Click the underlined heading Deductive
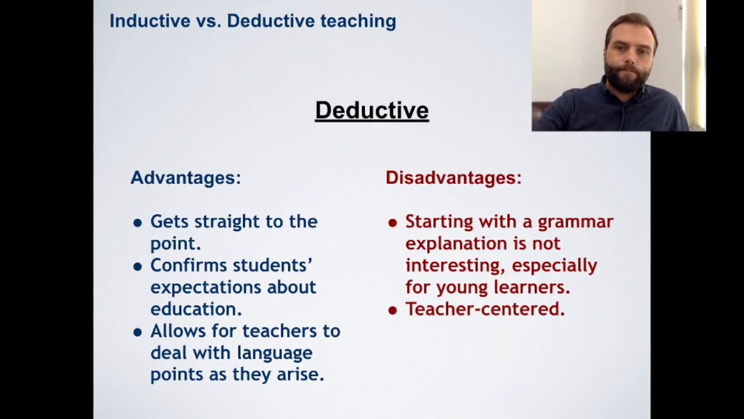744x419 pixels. tap(371, 111)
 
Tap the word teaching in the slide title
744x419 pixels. tap(358, 21)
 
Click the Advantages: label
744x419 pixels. tap(185, 177)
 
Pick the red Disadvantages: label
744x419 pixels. tap(453, 177)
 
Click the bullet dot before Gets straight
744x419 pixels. tap(138, 223)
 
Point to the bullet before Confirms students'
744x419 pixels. tap(138, 267)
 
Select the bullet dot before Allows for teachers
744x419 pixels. tap(138, 332)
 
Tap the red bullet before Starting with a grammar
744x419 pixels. tap(392, 223)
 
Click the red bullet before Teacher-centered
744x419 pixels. tap(392, 310)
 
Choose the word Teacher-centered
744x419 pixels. tap(485, 309)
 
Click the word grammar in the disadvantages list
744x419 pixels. tap(575, 222)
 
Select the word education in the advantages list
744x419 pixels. tap(196, 309)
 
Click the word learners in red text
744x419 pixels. tap(532, 287)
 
